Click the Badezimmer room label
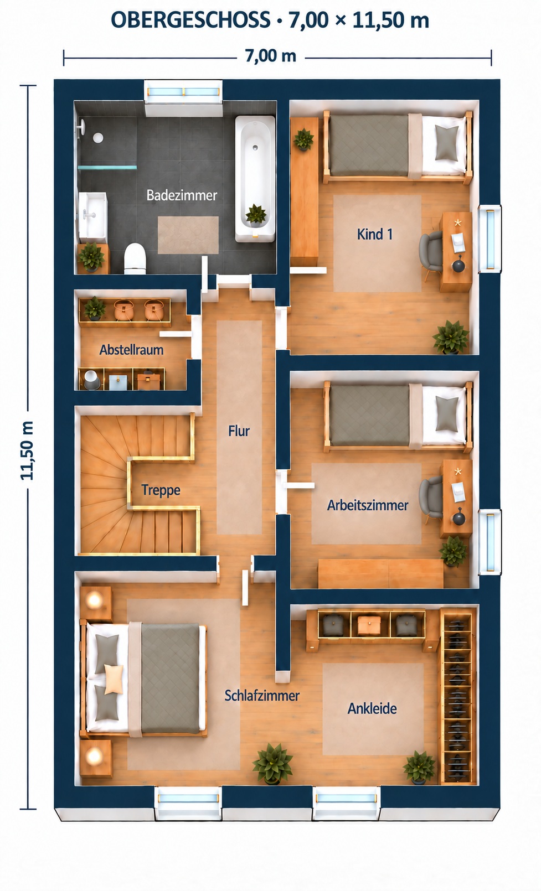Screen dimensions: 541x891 (182, 195)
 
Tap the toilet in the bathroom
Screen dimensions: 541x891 (135, 258)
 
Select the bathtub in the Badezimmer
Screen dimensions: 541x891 (255, 179)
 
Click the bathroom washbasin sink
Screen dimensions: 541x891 (92, 215)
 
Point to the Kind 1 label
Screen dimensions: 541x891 (375, 234)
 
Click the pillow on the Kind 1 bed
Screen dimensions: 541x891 (447, 142)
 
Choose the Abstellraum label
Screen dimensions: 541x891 (131, 350)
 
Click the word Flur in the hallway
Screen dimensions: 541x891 (239, 431)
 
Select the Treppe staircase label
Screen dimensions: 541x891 (161, 490)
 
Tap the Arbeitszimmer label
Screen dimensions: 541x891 (368, 506)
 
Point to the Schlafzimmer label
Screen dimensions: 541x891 (262, 696)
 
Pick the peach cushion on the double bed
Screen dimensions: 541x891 (114, 679)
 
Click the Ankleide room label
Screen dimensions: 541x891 (372, 708)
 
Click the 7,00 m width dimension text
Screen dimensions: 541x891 (271, 56)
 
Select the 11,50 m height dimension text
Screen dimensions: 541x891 (28, 450)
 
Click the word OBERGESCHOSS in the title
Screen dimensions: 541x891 (190, 20)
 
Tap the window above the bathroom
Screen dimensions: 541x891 (183, 92)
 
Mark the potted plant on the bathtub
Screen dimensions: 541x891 (256, 215)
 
